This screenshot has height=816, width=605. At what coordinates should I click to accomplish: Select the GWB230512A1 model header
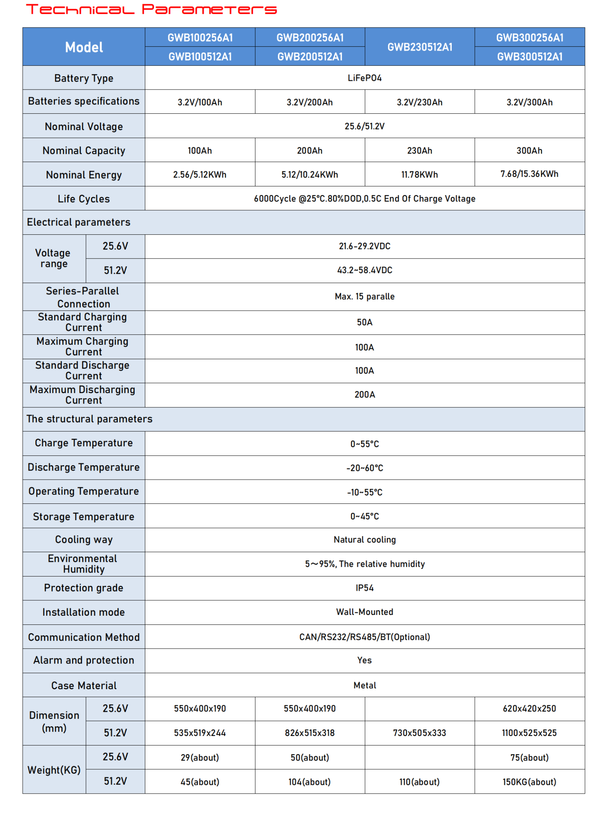click(x=420, y=47)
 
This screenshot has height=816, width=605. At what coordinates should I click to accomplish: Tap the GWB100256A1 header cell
click(x=200, y=37)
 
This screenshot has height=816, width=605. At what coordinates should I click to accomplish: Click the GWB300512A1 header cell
click(x=530, y=56)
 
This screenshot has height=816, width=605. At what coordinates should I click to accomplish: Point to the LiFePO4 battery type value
click(x=364, y=78)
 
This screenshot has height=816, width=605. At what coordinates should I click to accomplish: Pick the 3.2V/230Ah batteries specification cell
click(x=420, y=102)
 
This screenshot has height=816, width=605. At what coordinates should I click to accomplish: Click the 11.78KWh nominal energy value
click(x=420, y=175)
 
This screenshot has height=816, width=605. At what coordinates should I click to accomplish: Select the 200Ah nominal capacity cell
click(x=310, y=151)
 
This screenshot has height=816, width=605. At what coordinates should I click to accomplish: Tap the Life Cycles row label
click(x=83, y=199)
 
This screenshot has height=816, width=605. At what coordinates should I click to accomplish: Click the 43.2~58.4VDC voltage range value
click(x=364, y=270)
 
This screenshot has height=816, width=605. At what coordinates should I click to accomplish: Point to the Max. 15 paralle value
click(x=364, y=296)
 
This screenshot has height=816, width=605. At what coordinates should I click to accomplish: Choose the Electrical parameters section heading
click(x=79, y=222)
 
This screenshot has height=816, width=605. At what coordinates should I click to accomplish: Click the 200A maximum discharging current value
click(x=364, y=394)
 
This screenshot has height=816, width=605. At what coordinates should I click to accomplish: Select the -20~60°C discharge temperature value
click(x=364, y=468)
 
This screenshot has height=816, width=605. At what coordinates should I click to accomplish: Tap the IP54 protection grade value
click(x=364, y=588)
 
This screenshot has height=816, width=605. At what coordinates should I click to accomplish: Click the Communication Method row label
click(x=83, y=637)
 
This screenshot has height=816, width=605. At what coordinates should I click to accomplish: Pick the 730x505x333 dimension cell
click(x=420, y=733)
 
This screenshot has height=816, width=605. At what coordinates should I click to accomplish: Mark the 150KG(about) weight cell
click(x=530, y=782)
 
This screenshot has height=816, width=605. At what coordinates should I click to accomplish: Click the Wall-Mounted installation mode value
click(x=364, y=612)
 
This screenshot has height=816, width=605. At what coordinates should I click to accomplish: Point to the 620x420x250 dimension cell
click(x=530, y=709)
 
